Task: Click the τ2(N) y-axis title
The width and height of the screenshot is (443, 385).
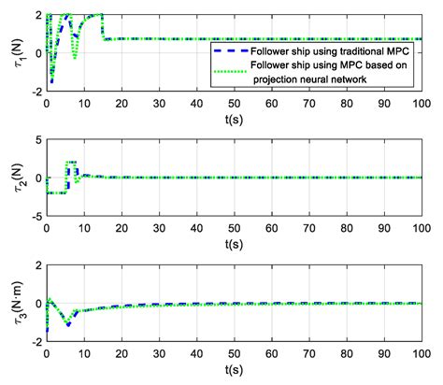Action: [x=13, y=178]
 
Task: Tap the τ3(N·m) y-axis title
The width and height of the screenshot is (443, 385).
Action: [x=13, y=303]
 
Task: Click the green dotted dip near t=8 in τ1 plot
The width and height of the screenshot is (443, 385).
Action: [x=75, y=58]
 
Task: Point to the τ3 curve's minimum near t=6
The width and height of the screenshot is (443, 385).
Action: [x=67, y=324]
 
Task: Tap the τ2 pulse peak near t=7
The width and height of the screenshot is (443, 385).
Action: [x=70, y=163]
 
